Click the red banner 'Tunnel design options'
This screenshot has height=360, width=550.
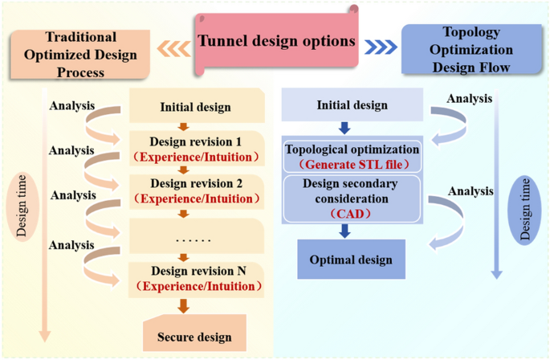[276, 40]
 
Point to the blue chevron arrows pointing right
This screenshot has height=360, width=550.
[379, 47]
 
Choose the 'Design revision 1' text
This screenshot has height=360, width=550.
[196, 140]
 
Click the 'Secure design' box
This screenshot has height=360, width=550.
[194, 337]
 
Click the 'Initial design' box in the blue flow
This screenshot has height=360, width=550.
[352, 105]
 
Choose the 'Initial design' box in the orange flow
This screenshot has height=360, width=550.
[196, 107]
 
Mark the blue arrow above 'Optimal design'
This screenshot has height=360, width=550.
[344, 231]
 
